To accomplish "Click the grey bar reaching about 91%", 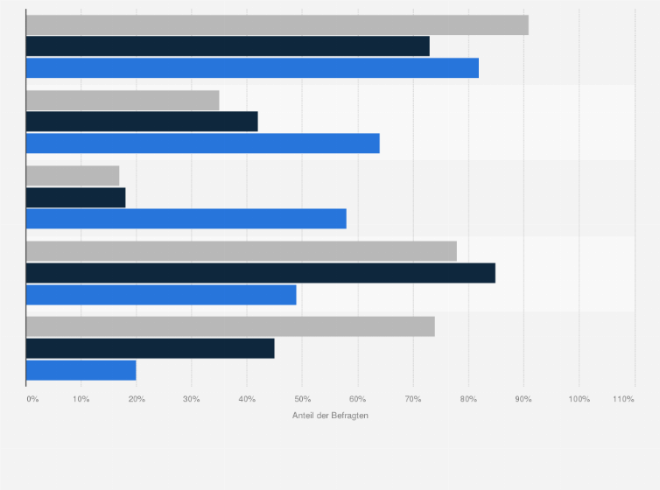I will tap(277, 24).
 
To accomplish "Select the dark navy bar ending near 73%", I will tap(228, 46).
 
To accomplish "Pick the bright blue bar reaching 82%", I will tap(252, 67).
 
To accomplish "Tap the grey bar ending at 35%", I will tap(123, 101).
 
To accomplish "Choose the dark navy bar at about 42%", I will tap(142, 122).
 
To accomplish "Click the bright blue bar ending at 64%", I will tap(203, 143).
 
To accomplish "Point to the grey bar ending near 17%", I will tap(73, 176).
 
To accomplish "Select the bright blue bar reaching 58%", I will tap(186, 219).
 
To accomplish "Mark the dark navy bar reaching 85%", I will tap(261, 273).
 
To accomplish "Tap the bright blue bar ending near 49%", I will tap(161, 294).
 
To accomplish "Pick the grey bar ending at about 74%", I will tap(230, 326).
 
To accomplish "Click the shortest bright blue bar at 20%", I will tap(81, 370).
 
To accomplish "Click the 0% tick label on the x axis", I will tap(32, 399).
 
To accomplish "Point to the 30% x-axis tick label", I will tap(192, 399).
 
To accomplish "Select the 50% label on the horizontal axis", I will tap(302, 399).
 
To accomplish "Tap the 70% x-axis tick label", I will tap(413, 399).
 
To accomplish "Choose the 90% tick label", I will tap(523, 399).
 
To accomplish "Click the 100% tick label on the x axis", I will tap(579, 399).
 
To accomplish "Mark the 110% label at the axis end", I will tap(623, 399).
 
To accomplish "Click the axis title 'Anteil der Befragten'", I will tap(330, 415).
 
